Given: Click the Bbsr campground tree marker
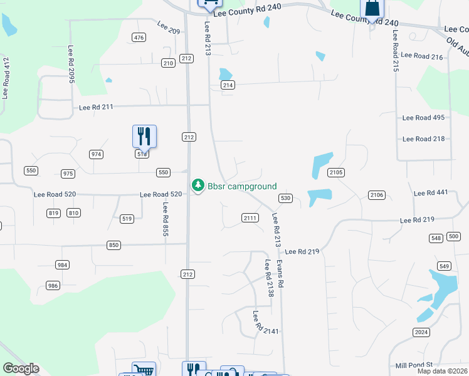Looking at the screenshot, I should pos(198,185).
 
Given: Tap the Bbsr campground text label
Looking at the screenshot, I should pos(242,187).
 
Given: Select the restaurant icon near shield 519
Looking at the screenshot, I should pos(144,136).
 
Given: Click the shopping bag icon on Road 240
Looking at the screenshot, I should pos(372,9).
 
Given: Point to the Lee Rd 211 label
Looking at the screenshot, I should pos(96,107).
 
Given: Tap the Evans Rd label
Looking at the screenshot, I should pos(282,274).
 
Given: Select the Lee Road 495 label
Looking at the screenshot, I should pos(423,118).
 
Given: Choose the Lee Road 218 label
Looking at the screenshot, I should pos(423,139).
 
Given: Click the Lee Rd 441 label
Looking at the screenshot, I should pos(431,192).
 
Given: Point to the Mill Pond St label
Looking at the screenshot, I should pos(414,365).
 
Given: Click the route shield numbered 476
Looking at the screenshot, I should pos(139,38).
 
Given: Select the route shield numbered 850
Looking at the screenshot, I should pos(113,245).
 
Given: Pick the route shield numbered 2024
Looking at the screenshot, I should pos(421,332).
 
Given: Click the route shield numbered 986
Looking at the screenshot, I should pos(53,286).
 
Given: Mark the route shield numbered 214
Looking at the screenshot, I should pos(228,85).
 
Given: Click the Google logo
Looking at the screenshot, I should pos(21,368).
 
